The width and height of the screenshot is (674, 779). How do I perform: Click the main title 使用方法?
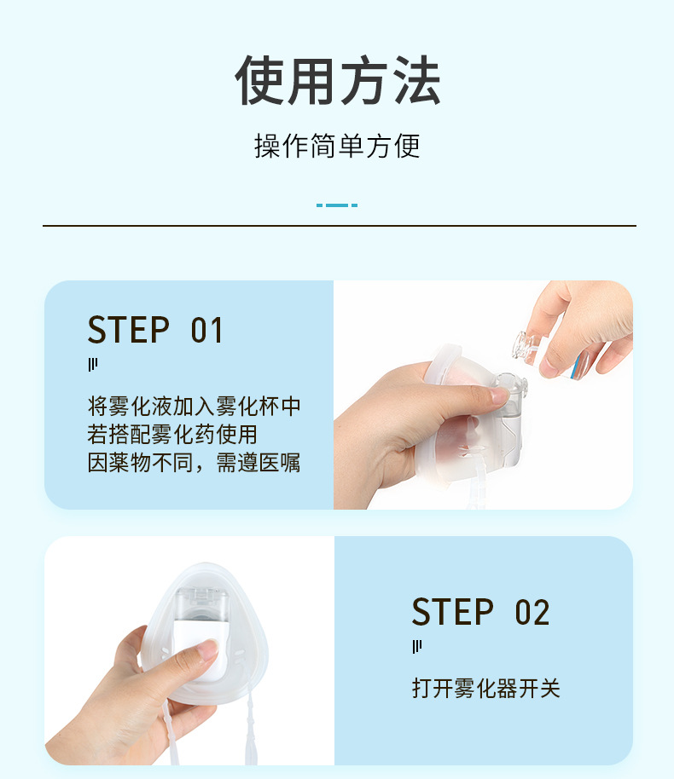pyautogui.click(x=337, y=81)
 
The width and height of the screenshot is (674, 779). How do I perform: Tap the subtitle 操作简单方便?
pyautogui.click(x=337, y=146)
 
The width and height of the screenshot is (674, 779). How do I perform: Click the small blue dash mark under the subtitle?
pyautogui.click(x=337, y=205)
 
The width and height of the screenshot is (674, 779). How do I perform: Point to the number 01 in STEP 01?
pyautogui.click(x=206, y=331)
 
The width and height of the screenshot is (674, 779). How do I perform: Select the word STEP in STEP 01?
pyautogui.click(x=130, y=331)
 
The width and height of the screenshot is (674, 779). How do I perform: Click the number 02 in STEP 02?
pyautogui.click(x=532, y=613)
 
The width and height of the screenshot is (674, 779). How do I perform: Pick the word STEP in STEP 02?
pyautogui.click(x=453, y=613)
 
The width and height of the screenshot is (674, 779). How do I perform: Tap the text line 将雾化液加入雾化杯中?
pyautogui.click(x=195, y=406)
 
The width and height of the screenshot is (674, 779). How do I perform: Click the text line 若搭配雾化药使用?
pyautogui.click(x=172, y=435)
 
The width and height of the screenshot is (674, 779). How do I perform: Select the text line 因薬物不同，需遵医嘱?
pyautogui.click(x=195, y=464)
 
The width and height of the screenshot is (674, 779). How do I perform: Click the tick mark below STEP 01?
pyautogui.click(x=93, y=365)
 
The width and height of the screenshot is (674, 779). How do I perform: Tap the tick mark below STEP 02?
pyautogui.click(x=417, y=647)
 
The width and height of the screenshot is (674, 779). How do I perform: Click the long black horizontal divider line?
pyautogui.click(x=339, y=226)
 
